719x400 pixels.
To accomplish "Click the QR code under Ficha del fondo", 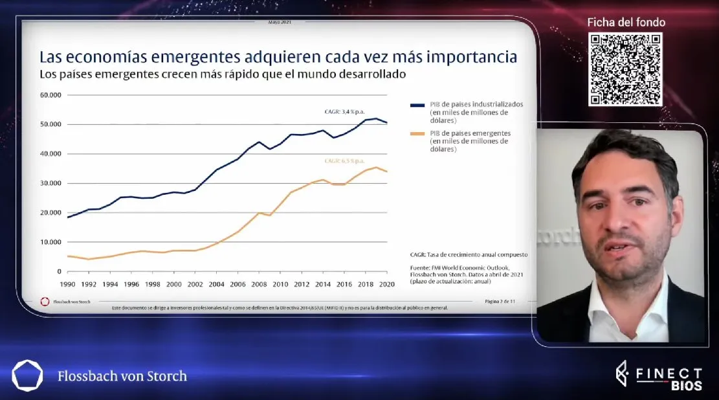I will click(625, 69).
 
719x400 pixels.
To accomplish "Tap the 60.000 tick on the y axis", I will click(50, 95).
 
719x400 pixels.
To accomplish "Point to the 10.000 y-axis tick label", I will click(50, 242).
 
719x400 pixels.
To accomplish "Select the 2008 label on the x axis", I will click(259, 283).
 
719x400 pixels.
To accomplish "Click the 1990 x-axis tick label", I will click(68, 283).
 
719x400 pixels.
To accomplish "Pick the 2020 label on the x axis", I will click(387, 283).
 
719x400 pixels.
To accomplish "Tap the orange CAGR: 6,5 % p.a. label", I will click(346, 161).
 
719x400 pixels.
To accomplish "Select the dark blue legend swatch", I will click(417, 104).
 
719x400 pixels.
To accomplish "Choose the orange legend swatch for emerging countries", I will click(417, 133).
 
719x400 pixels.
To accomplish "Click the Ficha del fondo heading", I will click(626, 22).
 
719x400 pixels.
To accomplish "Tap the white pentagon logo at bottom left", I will click(27, 375).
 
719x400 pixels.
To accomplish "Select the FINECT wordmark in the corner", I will click(667, 373).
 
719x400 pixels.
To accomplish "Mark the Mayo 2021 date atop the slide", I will click(279, 21).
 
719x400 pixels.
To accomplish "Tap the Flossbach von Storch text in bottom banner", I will click(122, 376).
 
